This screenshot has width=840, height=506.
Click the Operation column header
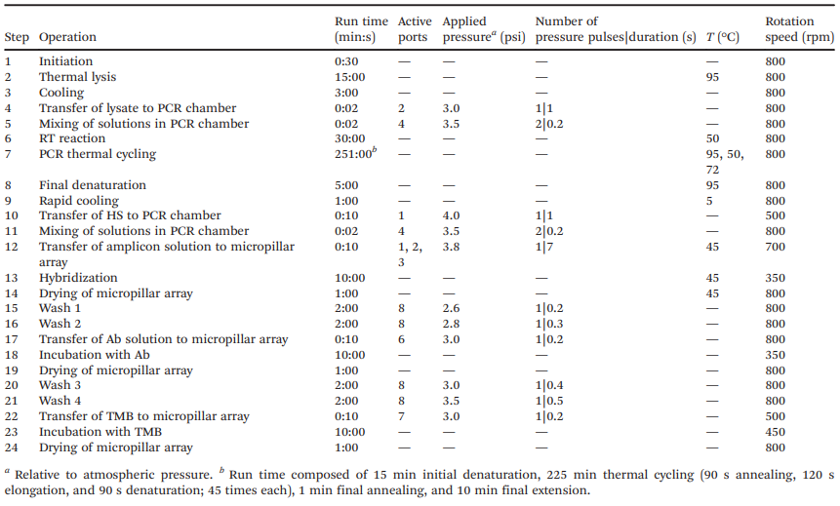[67, 37]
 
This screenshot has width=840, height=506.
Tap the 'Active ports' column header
[415, 29]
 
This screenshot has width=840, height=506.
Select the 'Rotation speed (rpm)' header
[799, 29]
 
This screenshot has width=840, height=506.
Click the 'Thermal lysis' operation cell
[77, 77]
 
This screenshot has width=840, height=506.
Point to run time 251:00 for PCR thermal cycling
[355, 154]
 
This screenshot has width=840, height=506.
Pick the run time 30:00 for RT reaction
[350, 138]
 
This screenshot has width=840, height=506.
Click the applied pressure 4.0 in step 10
[451, 215]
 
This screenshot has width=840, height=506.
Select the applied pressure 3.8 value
[451, 247]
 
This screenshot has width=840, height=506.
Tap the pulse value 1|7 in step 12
[544, 247]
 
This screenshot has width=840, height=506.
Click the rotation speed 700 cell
[776, 247]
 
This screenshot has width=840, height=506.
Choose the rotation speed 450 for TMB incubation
[776, 432]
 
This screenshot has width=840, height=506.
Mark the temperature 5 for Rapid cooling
[709, 202]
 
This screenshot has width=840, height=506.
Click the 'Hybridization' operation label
[78, 278]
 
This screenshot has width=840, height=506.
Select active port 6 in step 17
[401, 339]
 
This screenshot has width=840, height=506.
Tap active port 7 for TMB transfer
[401, 416]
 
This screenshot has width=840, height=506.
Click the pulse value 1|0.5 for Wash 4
[549, 401]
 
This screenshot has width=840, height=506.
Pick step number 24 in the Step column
[12, 448]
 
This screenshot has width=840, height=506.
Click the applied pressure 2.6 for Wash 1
[451, 308]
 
